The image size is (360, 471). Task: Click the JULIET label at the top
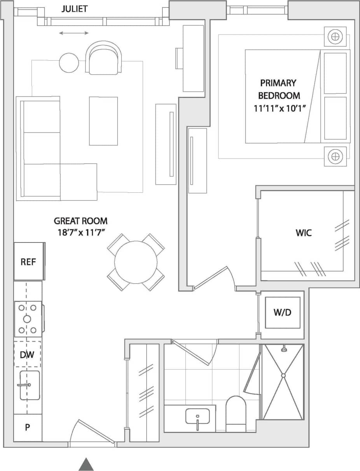click(74, 9)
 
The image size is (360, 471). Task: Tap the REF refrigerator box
click(28, 262)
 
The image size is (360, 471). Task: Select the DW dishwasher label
click(27, 354)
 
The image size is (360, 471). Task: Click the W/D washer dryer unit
click(282, 312)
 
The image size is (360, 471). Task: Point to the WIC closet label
click(304, 233)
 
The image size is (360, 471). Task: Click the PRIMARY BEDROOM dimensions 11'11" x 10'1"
click(278, 108)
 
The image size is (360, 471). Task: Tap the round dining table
click(136, 262)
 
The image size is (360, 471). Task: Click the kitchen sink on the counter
click(29, 385)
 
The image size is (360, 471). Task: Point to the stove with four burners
click(28, 319)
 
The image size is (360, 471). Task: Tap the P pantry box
click(28, 427)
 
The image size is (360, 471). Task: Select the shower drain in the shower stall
click(283, 375)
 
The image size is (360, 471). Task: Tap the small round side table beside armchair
click(69, 62)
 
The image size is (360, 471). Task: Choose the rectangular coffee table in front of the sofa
click(103, 121)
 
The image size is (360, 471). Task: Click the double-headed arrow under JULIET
click(74, 33)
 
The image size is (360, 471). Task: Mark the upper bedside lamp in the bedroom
click(335, 37)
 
